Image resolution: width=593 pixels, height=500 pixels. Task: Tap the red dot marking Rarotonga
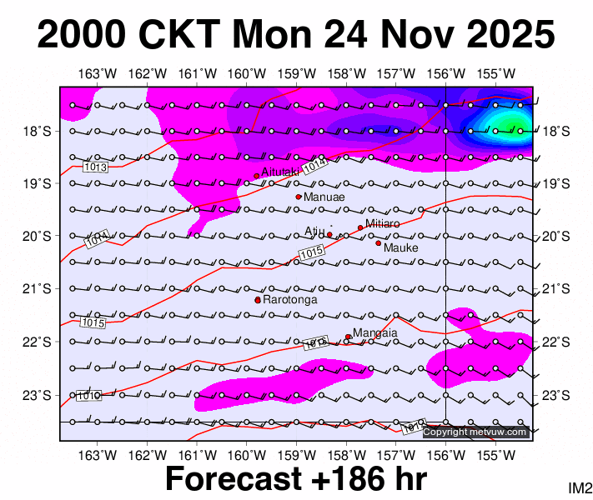[258, 300]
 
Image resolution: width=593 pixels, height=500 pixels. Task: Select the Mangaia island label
[374, 333]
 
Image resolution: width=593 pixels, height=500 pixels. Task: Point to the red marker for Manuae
[299, 197]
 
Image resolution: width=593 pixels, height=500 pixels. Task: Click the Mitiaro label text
[383, 224]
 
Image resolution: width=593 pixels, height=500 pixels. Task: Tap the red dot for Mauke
[378, 243]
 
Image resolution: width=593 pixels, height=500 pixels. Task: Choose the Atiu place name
[314, 231]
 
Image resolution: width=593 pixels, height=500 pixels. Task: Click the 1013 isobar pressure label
[97, 167]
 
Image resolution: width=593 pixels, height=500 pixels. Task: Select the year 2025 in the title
[505, 35]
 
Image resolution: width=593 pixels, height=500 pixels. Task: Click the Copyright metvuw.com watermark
[475, 432]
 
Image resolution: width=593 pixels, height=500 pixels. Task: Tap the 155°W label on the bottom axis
[495, 455]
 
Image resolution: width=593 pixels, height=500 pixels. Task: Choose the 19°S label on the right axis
[555, 183]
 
